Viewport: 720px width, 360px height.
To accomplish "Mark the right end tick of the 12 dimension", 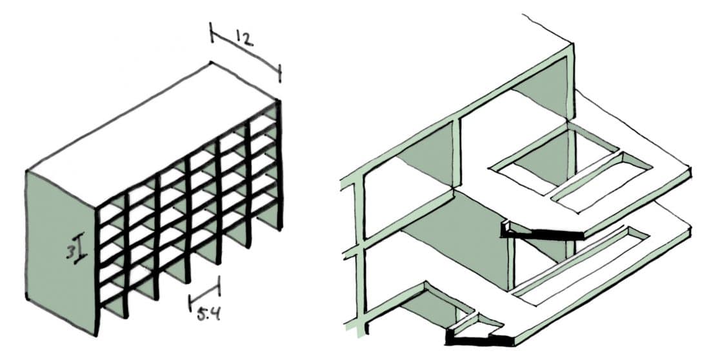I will click(x=279, y=73).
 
